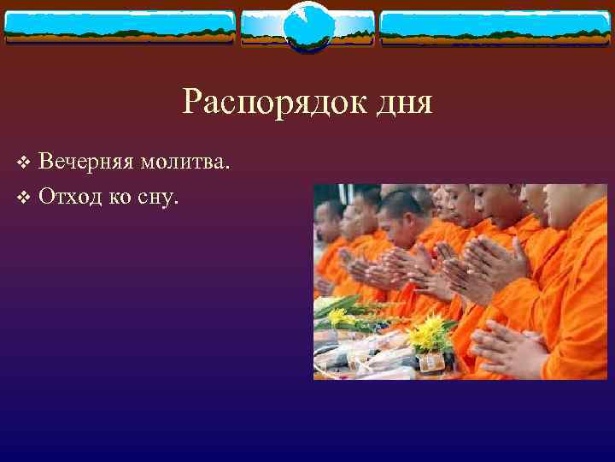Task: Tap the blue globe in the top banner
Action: click(307, 27)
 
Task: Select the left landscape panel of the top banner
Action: click(119, 27)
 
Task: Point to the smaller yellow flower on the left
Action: click(340, 316)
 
